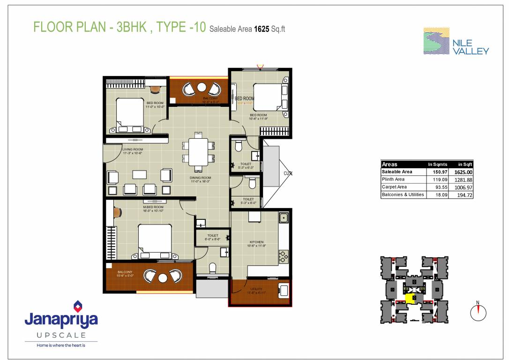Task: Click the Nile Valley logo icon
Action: pyautogui.click(x=436, y=41)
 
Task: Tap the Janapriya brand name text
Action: pyautogui.click(x=61, y=320)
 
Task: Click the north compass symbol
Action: pyautogui.click(x=479, y=311)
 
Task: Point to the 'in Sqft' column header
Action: pyautogui.click(x=465, y=165)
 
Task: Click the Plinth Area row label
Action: pyautogui.click(x=393, y=180)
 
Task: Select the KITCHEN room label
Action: pyautogui.click(x=256, y=242)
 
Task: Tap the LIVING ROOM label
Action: pyautogui.click(x=132, y=150)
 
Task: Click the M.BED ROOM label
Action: pyautogui.click(x=153, y=207)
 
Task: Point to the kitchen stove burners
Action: pyautogui.click(x=283, y=257)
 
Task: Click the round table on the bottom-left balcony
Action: pyautogui.click(x=163, y=277)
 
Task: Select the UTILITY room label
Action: pyautogui.click(x=256, y=289)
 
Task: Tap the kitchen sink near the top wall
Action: pyautogui.click(x=283, y=217)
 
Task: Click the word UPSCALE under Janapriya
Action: pyautogui.click(x=61, y=335)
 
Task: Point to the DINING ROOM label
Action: pyautogui.click(x=200, y=178)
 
